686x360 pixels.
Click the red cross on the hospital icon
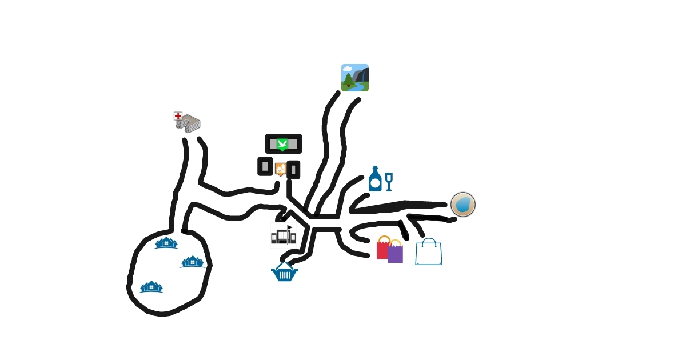178,116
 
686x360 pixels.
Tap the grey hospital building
189,124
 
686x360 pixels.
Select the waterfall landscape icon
355,78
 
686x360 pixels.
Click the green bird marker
282,143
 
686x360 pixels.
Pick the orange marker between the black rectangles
280,169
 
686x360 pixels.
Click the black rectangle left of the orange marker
265,166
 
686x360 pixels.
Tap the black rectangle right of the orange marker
293,170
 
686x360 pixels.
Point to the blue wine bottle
375,179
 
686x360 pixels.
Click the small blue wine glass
389,181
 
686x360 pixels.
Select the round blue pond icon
463,205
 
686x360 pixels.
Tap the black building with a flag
283,235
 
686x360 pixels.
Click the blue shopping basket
284,272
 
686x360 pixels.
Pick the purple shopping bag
395,253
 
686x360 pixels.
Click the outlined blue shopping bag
429,254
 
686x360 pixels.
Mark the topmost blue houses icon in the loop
166,243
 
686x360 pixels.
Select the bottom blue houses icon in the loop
151,287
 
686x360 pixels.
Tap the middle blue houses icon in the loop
193,262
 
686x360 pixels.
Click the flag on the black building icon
290,227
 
